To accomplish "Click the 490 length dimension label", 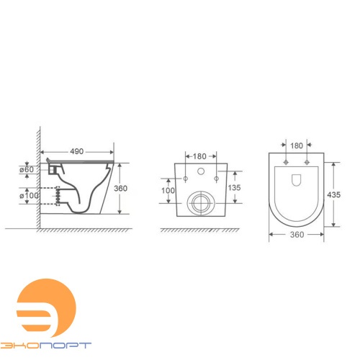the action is (x=77, y=151).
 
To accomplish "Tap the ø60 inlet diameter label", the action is (x=27, y=169).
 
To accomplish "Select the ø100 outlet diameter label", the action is (x=29, y=196).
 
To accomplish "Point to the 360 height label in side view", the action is (x=120, y=189).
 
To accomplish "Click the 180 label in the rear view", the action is (x=199, y=156).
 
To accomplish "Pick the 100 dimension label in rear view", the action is (x=168, y=191).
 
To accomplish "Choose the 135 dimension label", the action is (x=234, y=188).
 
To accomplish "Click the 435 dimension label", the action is (x=333, y=194).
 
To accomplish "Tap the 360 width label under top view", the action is (x=297, y=235).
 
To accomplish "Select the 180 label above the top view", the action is (x=297, y=145).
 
